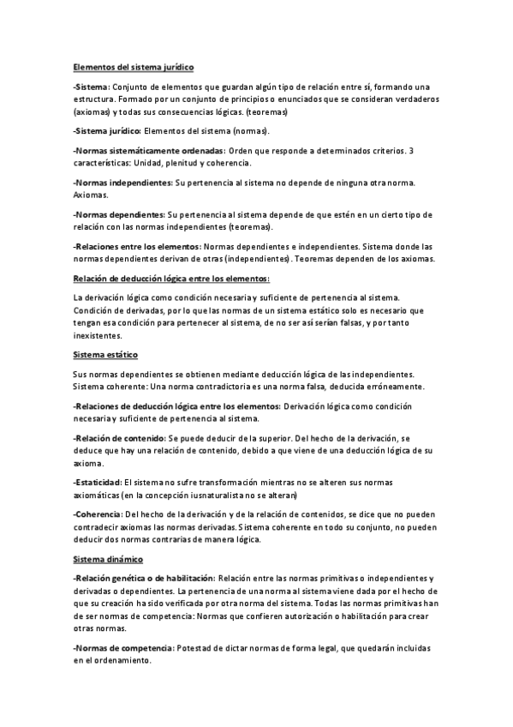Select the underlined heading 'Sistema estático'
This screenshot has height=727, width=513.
click(105, 353)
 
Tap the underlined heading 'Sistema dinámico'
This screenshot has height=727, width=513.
click(108, 558)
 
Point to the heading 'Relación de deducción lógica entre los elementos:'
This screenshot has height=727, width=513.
click(171, 278)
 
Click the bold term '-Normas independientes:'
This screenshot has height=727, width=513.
click(122, 183)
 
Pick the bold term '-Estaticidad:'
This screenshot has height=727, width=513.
click(98, 484)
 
